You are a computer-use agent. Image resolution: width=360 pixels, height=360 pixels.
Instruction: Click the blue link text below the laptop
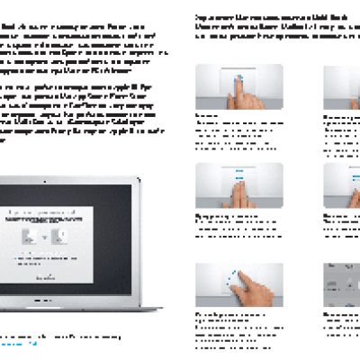(18, 344)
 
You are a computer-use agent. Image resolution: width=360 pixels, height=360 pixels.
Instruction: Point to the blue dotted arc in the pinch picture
(232, 278)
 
